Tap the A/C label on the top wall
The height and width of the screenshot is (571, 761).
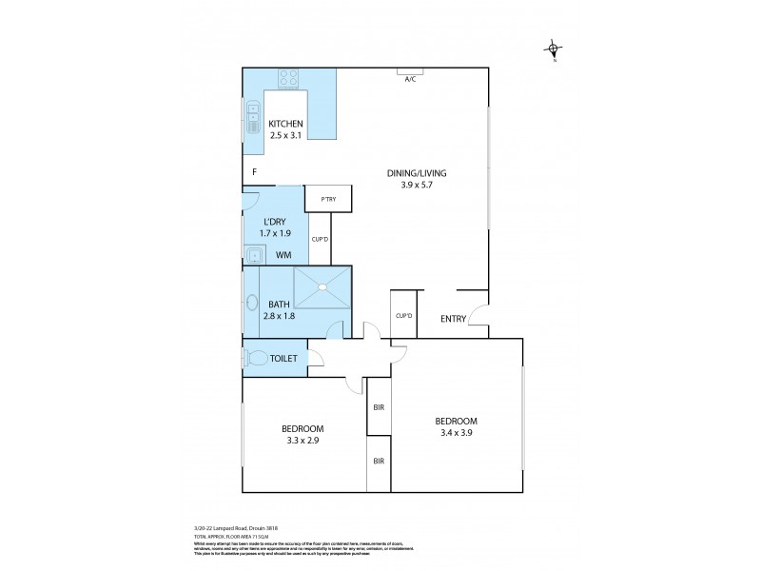[410, 79]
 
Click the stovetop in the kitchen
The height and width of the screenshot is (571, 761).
[289, 78]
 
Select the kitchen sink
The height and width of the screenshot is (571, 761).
[252, 120]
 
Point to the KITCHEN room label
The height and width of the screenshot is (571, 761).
[285, 125]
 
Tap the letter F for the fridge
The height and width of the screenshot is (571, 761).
[254, 172]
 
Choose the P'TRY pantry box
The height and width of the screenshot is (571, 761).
[328, 199]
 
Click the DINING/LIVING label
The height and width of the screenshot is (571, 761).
[416, 173]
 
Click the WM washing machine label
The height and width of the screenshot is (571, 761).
[283, 255]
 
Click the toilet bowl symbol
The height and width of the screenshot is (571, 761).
[257, 359]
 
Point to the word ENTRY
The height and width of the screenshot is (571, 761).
[453, 319]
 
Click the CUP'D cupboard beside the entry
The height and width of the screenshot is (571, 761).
[402, 315]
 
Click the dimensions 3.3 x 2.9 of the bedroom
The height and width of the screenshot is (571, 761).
[303, 441]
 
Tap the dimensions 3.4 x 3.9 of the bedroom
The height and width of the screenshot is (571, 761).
[456, 434]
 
